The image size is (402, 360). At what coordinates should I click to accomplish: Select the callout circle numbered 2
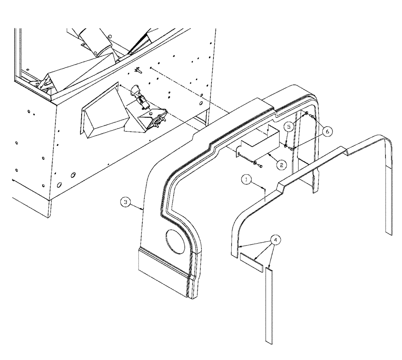[282, 164]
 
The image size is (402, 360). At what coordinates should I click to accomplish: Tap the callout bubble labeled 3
[126, 203]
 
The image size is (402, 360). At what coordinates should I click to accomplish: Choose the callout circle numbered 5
[289, 127]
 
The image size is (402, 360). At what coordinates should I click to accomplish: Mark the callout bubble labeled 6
[328, 131]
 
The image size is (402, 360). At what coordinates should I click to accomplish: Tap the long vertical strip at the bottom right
[269, 305]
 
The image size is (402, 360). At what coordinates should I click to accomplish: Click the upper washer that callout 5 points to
[307, 114]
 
